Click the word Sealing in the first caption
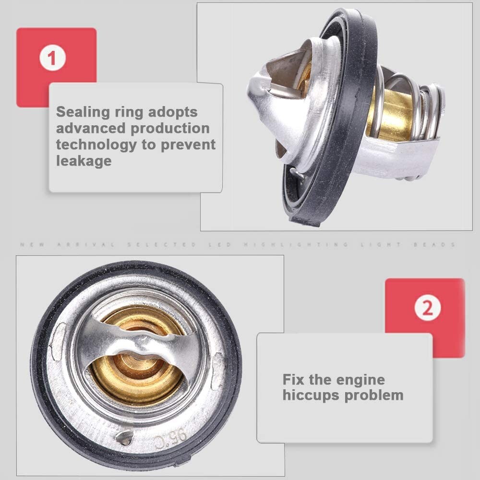[83, 112]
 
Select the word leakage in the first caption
[84, 161]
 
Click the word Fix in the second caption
[293, 380]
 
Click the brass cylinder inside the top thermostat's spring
[391, 115]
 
